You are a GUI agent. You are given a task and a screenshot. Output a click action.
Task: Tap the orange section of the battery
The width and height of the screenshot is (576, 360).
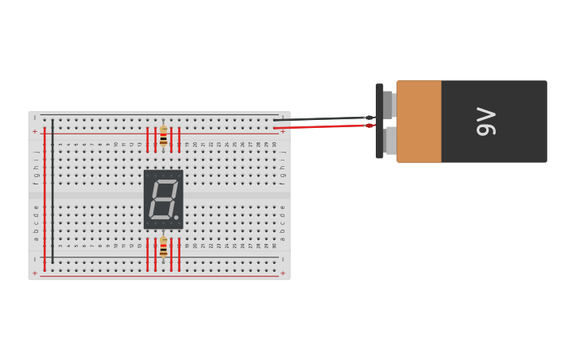tap(419, 121)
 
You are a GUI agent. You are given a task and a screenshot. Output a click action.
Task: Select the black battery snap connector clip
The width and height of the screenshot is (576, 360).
tap(380, 121)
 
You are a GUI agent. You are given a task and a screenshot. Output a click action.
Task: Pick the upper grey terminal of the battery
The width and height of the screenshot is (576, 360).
tap(388, 104)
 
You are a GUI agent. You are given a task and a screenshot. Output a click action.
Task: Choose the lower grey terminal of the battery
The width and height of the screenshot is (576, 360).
tap(390, 140)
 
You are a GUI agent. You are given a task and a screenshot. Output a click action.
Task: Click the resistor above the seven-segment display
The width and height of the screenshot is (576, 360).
tap(164, 136)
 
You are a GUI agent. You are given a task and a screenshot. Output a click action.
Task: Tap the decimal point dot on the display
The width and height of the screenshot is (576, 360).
tap(176, 217)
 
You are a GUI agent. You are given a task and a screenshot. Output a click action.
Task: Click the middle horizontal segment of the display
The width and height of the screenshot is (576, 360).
tap(162, 199)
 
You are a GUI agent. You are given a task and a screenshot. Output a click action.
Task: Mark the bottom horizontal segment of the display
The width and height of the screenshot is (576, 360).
tap(160, 217)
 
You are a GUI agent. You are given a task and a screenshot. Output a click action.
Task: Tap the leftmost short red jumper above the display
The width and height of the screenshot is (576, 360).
tap(148, 138)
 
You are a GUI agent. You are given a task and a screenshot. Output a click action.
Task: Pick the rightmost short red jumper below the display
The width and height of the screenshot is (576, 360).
tap(180, 254)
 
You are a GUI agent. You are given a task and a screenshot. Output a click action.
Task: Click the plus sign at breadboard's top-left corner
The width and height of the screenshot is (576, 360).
tap(35, 131)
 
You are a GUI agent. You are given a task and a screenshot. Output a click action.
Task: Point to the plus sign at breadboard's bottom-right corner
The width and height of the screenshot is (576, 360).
tap(282, 273)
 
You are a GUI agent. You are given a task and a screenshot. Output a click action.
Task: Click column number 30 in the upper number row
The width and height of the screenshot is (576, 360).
tap(274, 145)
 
